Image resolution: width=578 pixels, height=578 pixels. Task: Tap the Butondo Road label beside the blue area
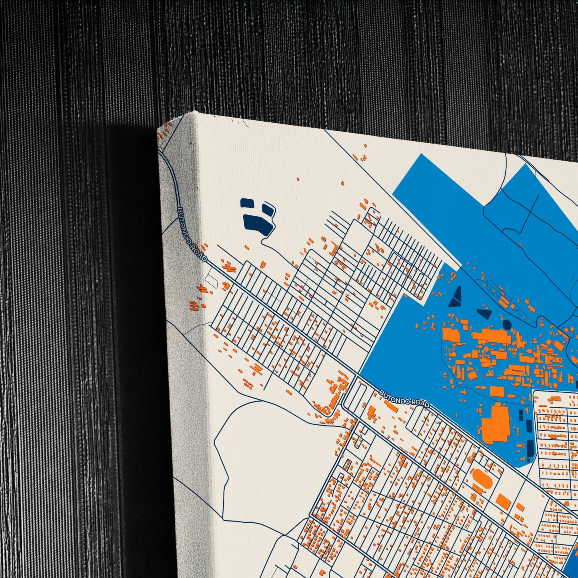pos(404,399)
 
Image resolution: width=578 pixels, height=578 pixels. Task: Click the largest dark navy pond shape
pos(258,222)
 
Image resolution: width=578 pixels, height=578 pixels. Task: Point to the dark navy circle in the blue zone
pos(507,324)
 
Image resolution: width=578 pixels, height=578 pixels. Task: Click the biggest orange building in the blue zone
pos(495,424)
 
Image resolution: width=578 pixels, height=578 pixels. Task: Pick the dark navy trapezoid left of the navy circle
pos(485,313)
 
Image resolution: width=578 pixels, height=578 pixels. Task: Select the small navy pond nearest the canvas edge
pos(247,203)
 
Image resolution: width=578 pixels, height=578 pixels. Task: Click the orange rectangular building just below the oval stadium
pos(504,502)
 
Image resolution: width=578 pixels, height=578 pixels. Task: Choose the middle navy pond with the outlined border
pos(268,210)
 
